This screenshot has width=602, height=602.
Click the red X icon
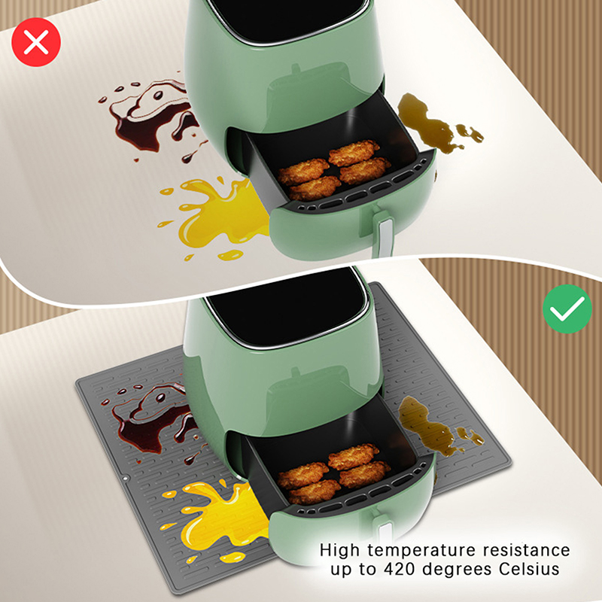pyautogui.click(x=36, y=42)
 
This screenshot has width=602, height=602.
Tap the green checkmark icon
pyautogui.click(x=567, y=309)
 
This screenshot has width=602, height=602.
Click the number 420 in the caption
pyautogui.click(x=400, y=569)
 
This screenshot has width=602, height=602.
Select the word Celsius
pyautogui.click(x=529, y=569)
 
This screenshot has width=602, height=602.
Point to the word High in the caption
pyautogui.click(x=340, y=550)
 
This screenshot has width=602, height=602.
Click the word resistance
pyautogui.click(x=526, y=550)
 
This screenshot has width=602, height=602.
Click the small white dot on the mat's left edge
pyautogui.click(x=126, y=479)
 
